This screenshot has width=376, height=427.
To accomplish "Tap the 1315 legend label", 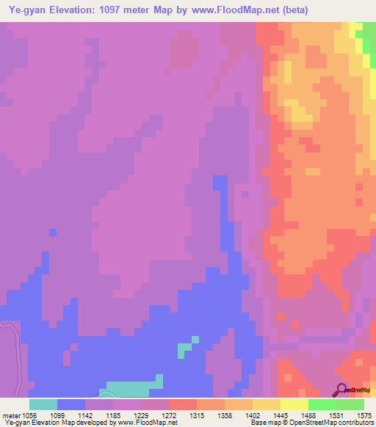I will pos(196,415).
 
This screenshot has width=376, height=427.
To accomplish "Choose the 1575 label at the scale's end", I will pos(364,415).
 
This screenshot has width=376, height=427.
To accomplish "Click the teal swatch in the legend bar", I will pos(43,404).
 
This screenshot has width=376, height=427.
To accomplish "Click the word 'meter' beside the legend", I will pos(11,415).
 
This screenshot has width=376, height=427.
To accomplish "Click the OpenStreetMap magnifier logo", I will pos(342,390).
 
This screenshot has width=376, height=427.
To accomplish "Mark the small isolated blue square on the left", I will pos(53,233).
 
